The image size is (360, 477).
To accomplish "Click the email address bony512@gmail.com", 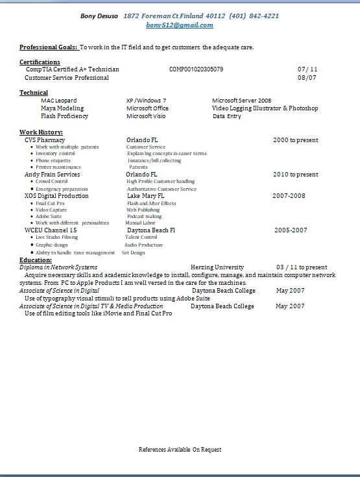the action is pyautogui.click(x=180, y=25).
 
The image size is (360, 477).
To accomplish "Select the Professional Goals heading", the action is pyautogui.click(x=49, y=47).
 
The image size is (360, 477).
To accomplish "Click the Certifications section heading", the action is pyautogui.click(x=40, y=62).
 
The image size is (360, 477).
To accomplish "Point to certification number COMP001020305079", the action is pyautogui.click(x=196, y=69).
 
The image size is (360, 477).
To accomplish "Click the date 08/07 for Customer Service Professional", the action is pyautogui.click(x=307, y=77).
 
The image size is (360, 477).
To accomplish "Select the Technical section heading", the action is pyautogui.click(x=34, y=93).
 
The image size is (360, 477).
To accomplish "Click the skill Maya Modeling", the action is pyautogui.click(x=62, y=108).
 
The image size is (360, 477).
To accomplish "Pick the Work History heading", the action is pyautogui.click(x=41, y=132).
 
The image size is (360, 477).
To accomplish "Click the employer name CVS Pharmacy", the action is pyautogui.click(x=45, y=140).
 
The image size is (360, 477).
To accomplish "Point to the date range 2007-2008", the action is pyautogui.click(x=289, y=195).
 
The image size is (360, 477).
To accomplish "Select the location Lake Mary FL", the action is pyautogui.click(x=145, y=195).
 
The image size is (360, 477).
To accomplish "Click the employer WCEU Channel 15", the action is pyautogui.click(x=51, y=230).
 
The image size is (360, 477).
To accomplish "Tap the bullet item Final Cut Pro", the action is pyautogui.click(x=50, y=203).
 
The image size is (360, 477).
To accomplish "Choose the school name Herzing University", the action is pyautogui.click(x=217, y=267).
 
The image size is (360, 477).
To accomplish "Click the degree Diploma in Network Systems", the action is pyautogui.click(x=58, y=267).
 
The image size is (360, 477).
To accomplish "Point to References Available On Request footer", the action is pyautogui.click(x=180, y=449).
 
